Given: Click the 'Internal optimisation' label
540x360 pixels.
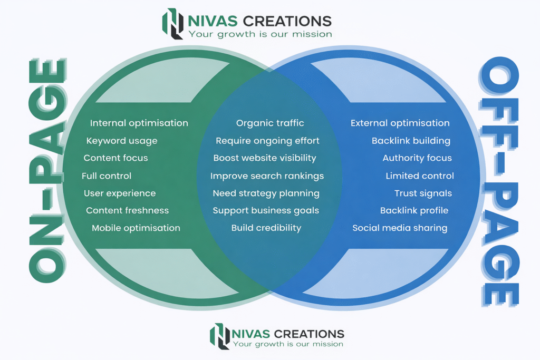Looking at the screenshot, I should [139, 123].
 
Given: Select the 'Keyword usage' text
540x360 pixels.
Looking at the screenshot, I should [122, 141].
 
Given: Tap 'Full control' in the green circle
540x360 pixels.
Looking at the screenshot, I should [107, 176].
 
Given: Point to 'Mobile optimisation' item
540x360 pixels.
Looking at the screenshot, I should [136, 228].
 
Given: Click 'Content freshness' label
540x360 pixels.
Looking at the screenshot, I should [128, 210].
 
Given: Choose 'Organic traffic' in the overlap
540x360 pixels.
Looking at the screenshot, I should [270, 123].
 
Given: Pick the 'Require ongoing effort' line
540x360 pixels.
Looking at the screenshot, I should [267, 141].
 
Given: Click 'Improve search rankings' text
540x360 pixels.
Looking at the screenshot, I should [267, 176].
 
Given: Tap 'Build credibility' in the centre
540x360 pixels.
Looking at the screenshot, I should [266, 228].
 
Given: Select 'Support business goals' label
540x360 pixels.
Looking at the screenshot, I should [266, 210].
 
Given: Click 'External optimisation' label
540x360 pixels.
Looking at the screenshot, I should [400, 123].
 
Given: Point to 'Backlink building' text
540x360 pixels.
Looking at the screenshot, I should [411, 141].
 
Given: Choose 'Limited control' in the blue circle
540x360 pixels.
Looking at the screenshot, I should [420, 176].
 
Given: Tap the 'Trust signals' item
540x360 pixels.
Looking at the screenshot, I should [423, 193].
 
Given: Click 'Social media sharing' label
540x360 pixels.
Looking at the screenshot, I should [400, 228].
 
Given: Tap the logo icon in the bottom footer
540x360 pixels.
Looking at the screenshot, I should [220, 336].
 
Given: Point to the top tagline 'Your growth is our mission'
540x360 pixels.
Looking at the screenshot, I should [260, 34].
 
